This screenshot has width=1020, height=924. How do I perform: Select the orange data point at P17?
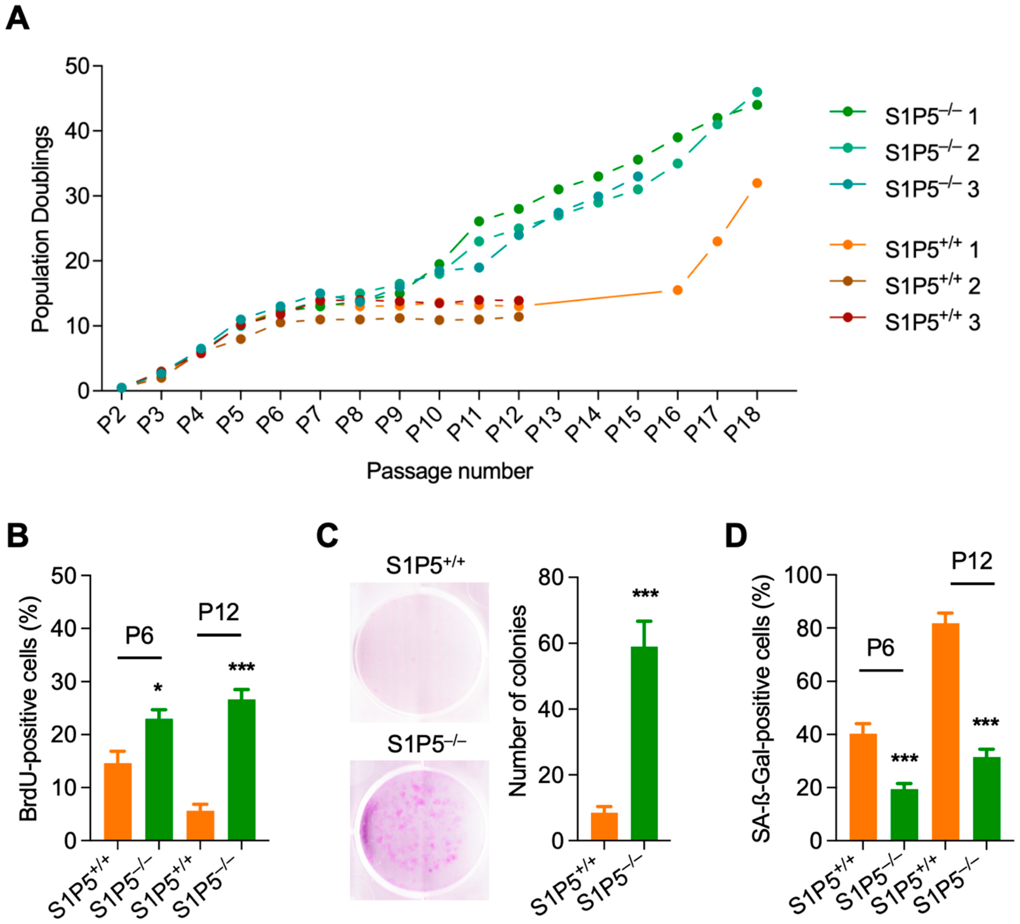(717, 241)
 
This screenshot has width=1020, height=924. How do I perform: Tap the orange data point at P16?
(678, 290)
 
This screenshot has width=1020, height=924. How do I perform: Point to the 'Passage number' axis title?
(449, 471)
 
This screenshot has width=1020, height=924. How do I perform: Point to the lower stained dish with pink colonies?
(419, 830)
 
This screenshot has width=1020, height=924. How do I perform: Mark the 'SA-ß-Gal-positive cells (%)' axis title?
(762, 708)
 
